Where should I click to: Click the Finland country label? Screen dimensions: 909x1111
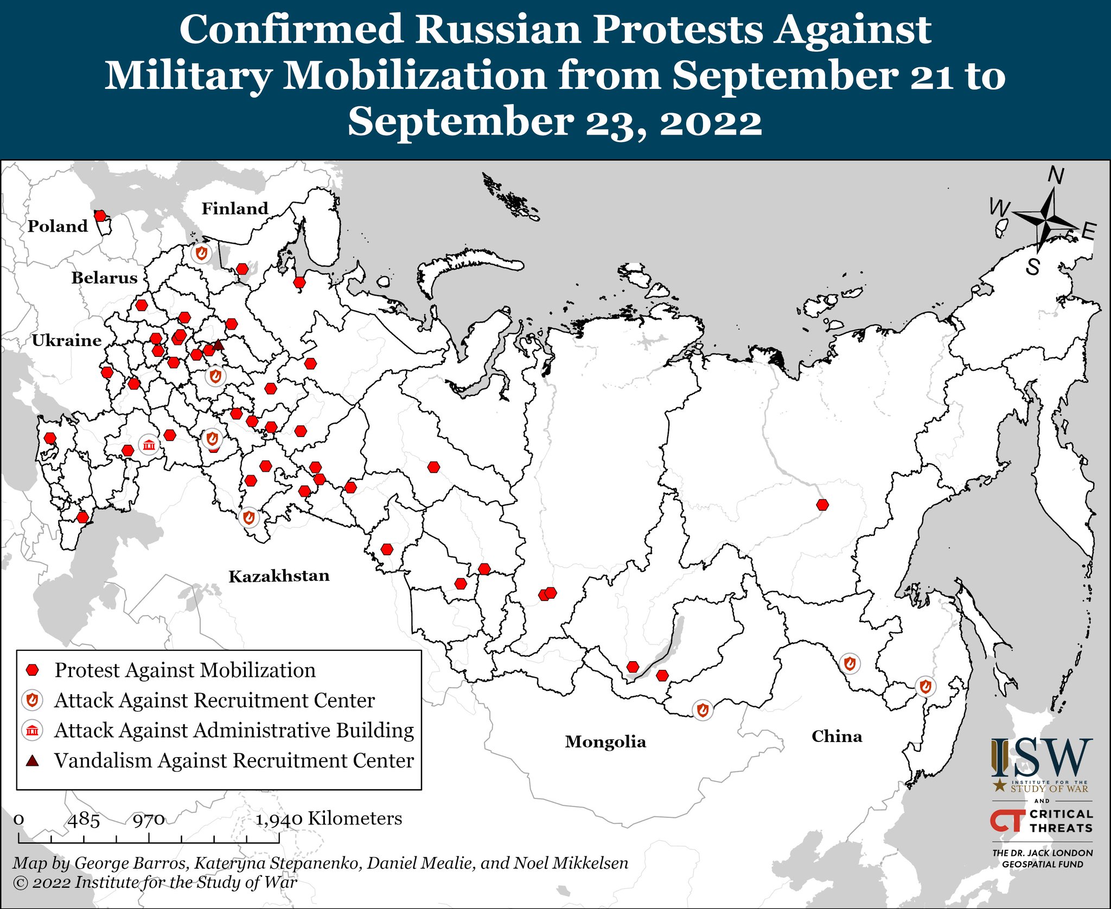(235, 208)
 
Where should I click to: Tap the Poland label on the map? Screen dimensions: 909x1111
(58, 226)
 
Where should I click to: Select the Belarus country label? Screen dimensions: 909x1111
(104, 278)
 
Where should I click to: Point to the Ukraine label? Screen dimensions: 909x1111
(66, 341)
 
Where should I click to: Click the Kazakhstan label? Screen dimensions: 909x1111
(279, 576)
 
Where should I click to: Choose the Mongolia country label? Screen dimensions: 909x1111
(605, 741)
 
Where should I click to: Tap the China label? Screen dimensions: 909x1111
(837, 737)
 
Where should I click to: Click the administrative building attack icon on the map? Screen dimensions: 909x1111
(148, 445)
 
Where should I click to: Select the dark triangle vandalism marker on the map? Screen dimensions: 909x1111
(218, 345)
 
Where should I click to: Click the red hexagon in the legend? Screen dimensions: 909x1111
(33, 670)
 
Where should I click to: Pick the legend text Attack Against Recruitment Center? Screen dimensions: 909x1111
(214, 701)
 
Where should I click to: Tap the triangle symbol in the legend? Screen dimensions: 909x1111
(33, 760)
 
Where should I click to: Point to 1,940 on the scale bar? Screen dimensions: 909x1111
(279, 819)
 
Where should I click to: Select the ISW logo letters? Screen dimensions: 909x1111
(1042, 758)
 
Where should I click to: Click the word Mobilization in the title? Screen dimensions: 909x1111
(415, 75)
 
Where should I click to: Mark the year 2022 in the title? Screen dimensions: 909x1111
(711, 122)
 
